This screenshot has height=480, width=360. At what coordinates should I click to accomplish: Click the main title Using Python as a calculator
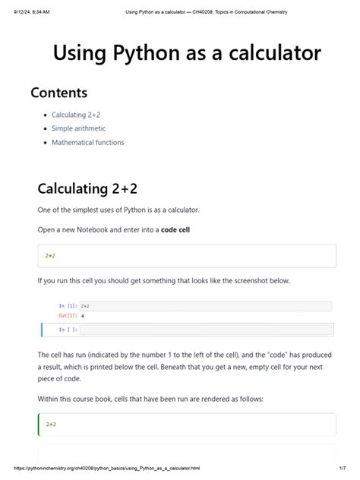click(x=187, y=53)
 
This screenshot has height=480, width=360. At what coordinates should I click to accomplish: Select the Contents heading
click(x=58, y=93)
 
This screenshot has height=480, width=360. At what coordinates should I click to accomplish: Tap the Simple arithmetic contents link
click(x=79, y=128)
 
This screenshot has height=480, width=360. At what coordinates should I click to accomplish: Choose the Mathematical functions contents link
click(x=87, y=142)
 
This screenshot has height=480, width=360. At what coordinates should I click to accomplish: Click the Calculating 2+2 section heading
click(x=88, y=188)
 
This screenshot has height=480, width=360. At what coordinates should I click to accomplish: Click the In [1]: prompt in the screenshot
click(x=68, y=306)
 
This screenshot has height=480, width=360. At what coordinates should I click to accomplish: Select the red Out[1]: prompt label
click(x=68, y=315)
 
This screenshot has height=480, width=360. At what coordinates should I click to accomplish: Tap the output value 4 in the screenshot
click(x=82, y=315)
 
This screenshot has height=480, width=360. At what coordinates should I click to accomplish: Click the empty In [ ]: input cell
click(x=205, y=330)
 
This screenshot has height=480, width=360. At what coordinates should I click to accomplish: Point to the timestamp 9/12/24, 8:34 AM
click(x=28, y=12)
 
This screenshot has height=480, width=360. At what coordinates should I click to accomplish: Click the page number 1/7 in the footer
click(x=343, y=469)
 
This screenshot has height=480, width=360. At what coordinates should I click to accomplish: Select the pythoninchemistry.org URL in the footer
click(x=106, y=469)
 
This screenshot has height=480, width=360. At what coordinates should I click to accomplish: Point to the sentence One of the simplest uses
click(x=118, y=210)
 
